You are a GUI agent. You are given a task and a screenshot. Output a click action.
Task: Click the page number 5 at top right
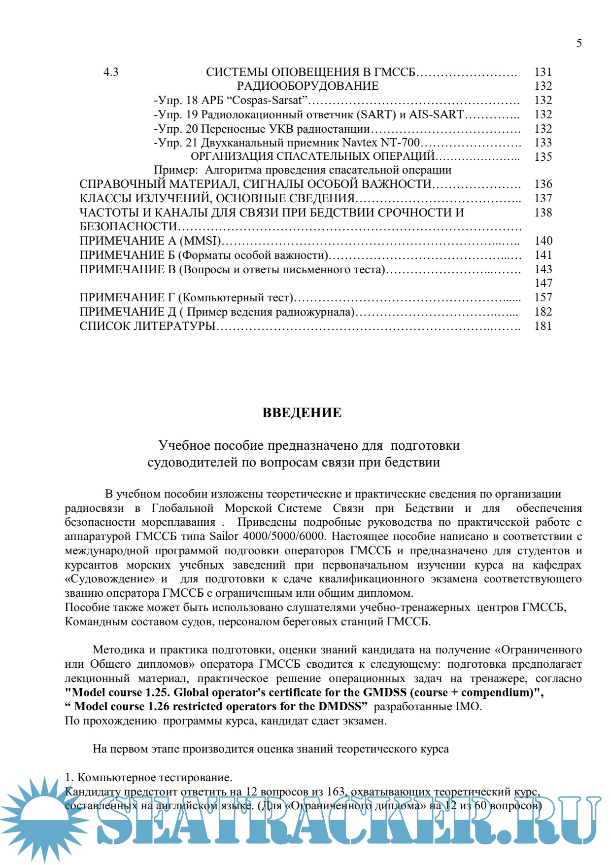[x=579, y=43]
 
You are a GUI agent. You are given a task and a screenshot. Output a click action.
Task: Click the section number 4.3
[x=111, y=72]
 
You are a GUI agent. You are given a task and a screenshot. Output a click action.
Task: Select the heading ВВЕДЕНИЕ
[x=302, y=413]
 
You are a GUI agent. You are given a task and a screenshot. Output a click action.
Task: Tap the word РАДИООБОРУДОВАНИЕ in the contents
[x=308, y=86]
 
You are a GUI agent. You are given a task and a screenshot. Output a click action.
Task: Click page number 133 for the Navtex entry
[x=543, y=143]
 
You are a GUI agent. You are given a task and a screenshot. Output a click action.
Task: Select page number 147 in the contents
[x=543, y=283]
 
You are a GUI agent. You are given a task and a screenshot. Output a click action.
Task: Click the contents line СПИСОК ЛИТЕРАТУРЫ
[x=148, y=326]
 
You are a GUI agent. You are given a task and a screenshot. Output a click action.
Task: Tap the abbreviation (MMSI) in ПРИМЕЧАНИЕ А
[x=201, y=241]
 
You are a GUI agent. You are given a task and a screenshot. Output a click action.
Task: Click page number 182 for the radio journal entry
[x=543, y=312]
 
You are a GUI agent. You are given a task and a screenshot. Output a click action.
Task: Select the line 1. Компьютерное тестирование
[x=148, y=778]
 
